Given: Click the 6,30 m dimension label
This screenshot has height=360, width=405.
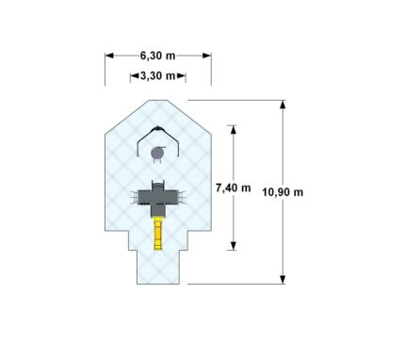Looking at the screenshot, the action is pyautogui.click(x=157, y=56).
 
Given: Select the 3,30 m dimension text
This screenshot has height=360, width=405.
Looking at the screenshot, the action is pyautogui.click(x=157, y=76).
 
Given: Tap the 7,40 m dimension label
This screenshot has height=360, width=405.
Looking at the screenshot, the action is pyautogui.click(x=234, y=188).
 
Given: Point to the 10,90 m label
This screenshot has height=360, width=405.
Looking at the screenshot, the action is pyautogui.click(x=283, y=192).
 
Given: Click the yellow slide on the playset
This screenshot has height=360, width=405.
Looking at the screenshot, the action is pyautogui.click(x=157, y=235).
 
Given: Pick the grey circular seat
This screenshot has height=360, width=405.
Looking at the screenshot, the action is pyautogui.click(x=157, y=154).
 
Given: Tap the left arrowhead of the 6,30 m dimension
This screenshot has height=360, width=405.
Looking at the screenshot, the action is pyautogui.click(x=109, y=56).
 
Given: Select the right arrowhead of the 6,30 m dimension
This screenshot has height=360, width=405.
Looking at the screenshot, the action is pyautogui.click(x=207, y=56).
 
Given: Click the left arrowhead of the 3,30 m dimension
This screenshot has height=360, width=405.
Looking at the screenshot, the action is pyautogui.click(x=135, y=76).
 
